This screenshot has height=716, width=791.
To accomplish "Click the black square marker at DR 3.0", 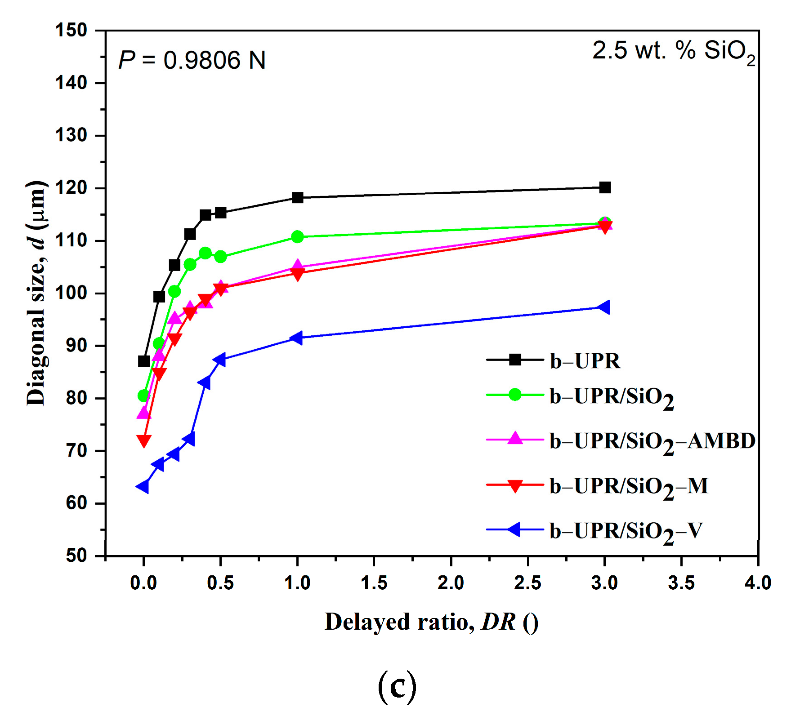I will pos(605,187).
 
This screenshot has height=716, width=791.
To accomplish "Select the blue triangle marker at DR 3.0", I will pos(604,307).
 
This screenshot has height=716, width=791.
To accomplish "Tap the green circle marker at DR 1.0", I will pos(297,237).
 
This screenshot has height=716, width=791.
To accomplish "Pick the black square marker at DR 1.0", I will pos(297,197).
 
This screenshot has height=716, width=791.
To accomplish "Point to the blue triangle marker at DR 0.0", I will pos(143,486).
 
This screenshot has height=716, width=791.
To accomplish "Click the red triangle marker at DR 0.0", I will pos(143,440).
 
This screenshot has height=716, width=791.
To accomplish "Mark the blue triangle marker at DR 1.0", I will pos(296,338).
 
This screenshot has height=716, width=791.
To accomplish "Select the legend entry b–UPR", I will pos(585,361).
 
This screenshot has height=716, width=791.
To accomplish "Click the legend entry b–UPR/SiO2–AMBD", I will pos(652,442).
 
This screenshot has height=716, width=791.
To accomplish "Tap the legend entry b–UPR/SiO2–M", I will pos(629,487).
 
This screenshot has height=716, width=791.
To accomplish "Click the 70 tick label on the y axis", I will pos(76,450).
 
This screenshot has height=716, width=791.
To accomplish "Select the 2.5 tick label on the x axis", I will pos(527,583).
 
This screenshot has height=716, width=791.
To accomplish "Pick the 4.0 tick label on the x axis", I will pos(758,583).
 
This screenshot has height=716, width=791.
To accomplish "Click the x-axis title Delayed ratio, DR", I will pos(431,623).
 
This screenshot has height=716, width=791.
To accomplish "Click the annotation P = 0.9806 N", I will pos(192,60).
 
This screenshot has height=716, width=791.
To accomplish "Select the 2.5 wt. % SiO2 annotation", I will pos(673,51).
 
